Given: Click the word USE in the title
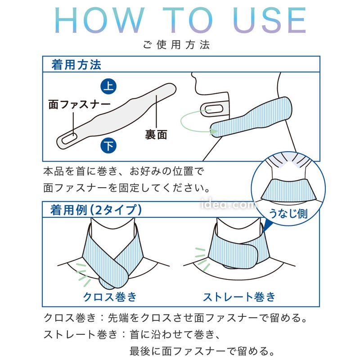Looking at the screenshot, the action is pyautogui.click(x=270, y=20).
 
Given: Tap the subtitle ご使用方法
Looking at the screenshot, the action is pyautogui.click(x=176, y=45).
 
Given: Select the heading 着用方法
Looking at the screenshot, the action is pyautogui.click(x=76, y=64).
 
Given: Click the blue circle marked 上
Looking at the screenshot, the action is pyautogui.click(x=108, y=86).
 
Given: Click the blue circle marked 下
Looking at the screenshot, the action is pyautogui.click(x=108, y=145).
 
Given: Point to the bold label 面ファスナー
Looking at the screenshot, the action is pyautogui.click(x=79, y=104).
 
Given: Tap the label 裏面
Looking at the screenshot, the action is pyautogui.click(x=156, y=135).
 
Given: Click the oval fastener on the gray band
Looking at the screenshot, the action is pyautogui.click(x=69, y=139).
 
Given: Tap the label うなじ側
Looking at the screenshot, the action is pyautogui.click(x=288, y=213).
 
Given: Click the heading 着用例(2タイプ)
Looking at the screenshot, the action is pyautogui.click(x=96, y=210).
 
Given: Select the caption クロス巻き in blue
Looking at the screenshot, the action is pyautogui.click(x=110, y=297).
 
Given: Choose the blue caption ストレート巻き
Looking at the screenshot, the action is pyautogui.click(x=239, y=297).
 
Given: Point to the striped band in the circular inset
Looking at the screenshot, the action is pyautogui.click(x=288, y=189).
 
